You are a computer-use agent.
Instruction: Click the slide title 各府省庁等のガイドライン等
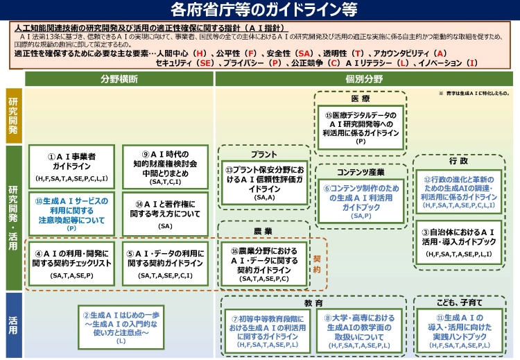(x=260, y=10)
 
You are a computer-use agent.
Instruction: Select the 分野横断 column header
(x=119, y=78)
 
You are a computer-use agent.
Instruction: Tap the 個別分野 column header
(x=365, y=78)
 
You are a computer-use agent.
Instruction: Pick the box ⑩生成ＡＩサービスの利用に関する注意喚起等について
(x=71, y=213)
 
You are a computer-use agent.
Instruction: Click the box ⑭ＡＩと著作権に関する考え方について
(x=164, y=213)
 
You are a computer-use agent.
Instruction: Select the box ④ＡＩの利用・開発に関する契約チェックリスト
(x=71, y=263)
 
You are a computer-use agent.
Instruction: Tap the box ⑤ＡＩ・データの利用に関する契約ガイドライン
(x=164, y=263)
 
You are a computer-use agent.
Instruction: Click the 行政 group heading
(x=458, y=160)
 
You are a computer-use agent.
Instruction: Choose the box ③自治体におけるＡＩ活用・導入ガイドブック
(x=458, y=242)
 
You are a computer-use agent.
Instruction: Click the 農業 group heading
(x=263, y=230)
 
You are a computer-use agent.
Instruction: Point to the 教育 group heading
(x=313, y=303)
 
